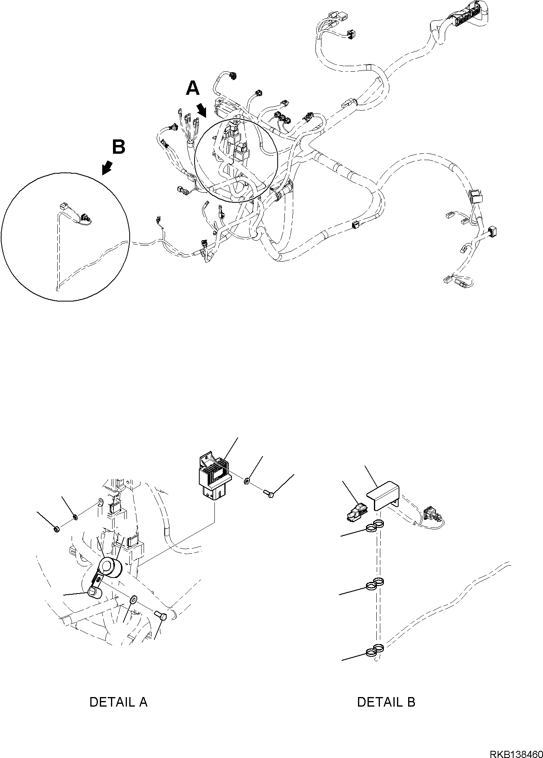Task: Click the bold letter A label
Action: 193,88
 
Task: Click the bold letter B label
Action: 119,147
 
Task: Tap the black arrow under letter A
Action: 202,109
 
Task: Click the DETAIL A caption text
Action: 119,702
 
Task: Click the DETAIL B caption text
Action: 386,702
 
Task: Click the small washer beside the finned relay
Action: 247,482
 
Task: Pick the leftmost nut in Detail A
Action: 56,529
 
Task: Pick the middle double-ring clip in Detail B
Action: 375,584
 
